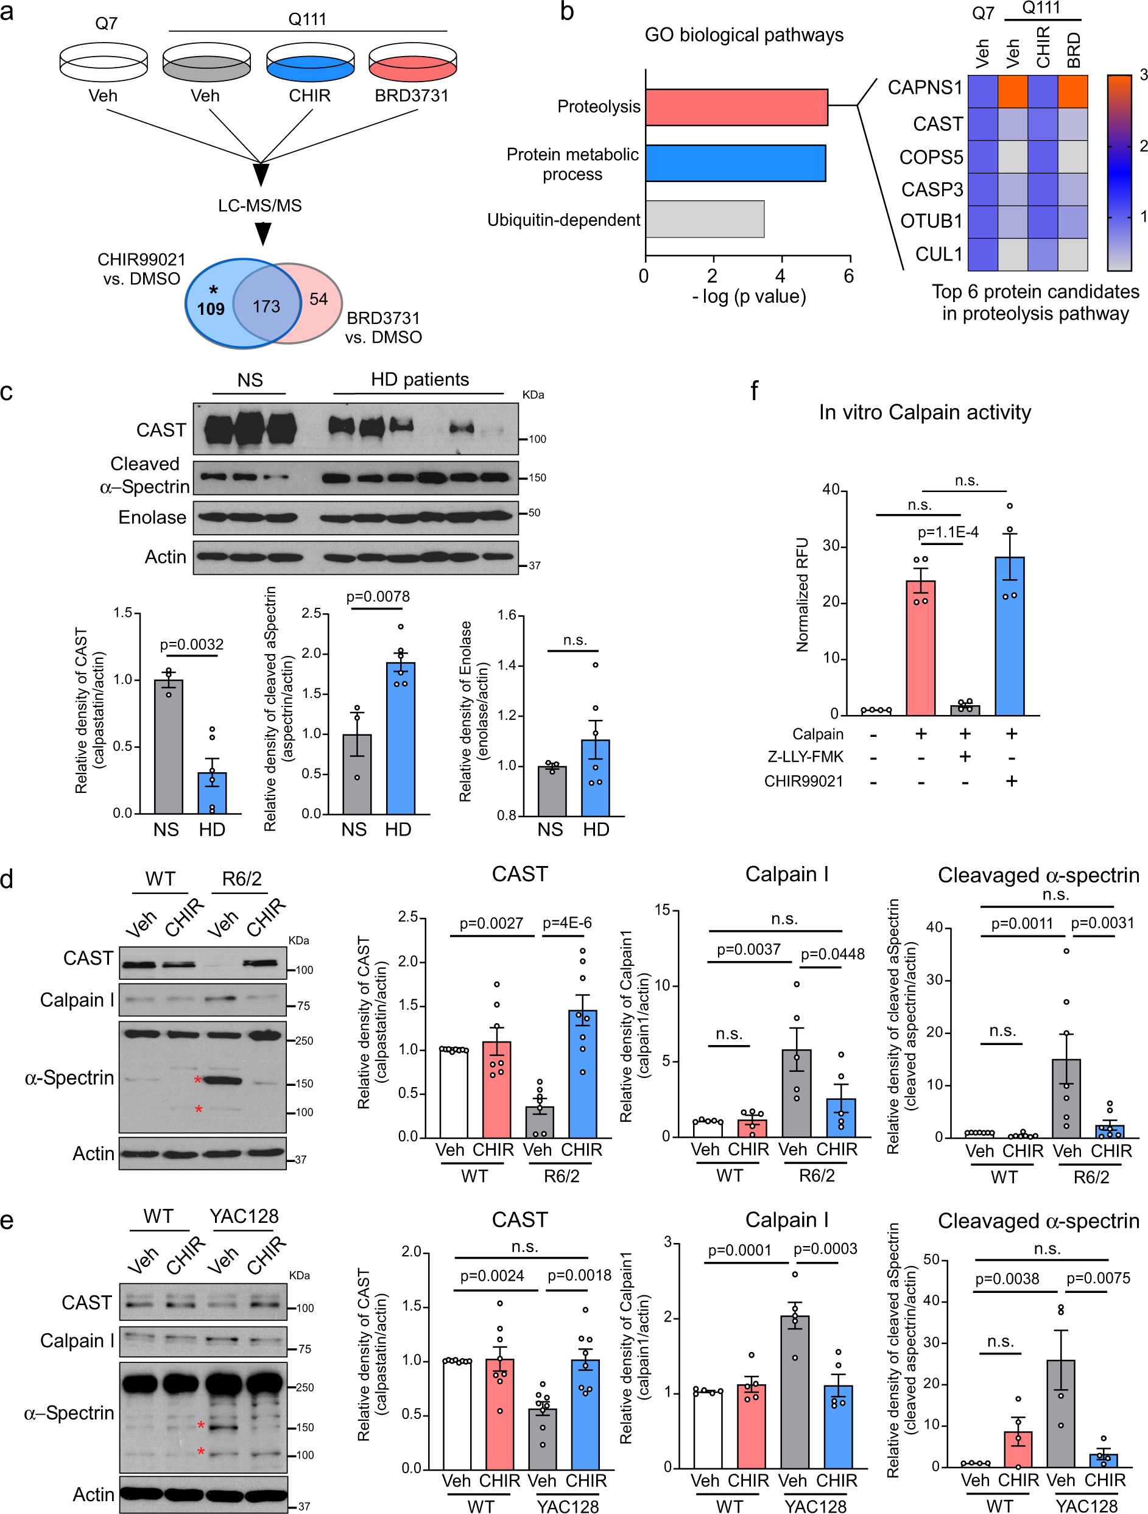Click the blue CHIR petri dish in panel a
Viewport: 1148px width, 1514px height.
pos(309,65)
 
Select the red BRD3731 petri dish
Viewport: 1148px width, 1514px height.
pos(412,65)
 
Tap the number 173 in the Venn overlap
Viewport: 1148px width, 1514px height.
pos(266,306)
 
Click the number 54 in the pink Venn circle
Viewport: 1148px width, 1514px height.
pos(319,299)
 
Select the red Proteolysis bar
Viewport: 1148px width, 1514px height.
pos(736,107)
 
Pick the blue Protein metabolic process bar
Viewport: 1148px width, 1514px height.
pos(734,163)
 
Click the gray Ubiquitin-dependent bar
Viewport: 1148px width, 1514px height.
pos(705,219)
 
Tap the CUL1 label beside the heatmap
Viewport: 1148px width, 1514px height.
pos(938,254)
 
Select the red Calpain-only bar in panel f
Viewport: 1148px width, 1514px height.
pos(920,647)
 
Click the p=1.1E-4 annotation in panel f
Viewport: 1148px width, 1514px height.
pos(948,532)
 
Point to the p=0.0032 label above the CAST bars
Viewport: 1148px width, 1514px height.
pos(191,644)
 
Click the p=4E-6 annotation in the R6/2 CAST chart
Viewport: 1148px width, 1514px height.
pos(567,923)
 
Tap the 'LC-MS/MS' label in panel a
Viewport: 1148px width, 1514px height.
pos(259,205)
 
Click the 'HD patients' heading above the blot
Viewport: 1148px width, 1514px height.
pos(420,379)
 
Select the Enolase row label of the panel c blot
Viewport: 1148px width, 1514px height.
pos(152,517)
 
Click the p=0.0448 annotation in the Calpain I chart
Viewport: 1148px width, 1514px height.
pos(833,954)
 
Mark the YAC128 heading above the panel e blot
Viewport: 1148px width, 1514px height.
pos(244,1216)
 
